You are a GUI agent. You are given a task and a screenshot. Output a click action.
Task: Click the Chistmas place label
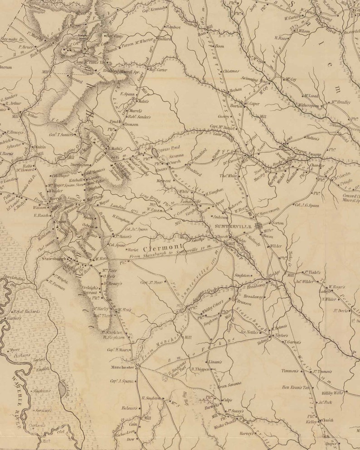pyautogui.click(x=230, y=71)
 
